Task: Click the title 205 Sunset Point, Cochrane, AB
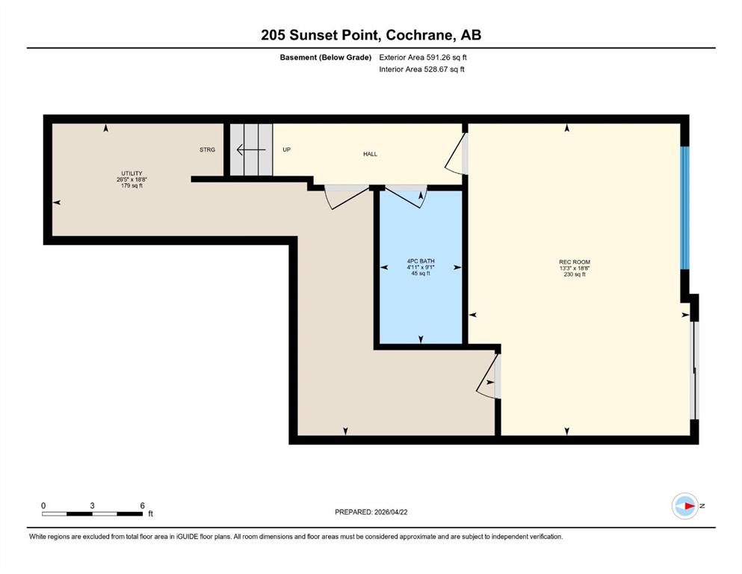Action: [371, 35]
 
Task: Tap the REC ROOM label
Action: [575, 262]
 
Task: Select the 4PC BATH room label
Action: [421, 261]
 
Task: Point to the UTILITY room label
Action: [132, 173]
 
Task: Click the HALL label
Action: [370, 154]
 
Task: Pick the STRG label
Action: [207, 149]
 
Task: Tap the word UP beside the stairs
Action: [286, 149]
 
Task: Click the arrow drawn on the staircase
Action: [251, 150]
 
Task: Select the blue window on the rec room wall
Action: [684, 208]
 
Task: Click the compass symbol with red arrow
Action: [685, 506]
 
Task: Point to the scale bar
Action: [92, 513]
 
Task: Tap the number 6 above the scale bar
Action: [143, 505]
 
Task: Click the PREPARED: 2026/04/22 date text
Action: [371, 512]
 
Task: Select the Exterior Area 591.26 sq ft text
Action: [423, 58]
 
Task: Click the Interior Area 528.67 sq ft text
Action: [421, 69]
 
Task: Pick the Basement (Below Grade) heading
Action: [326, 58]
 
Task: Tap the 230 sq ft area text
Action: [575, 274]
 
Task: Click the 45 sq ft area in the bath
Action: [421, 273]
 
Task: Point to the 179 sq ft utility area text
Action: [132, 185]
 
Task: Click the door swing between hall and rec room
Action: [454, 153]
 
